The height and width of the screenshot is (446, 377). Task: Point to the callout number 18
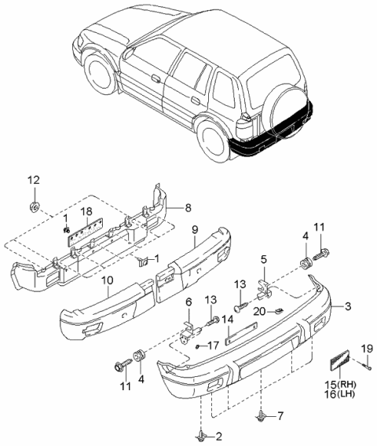(x=88, y=212)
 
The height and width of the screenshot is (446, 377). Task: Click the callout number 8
(x=188, y=207)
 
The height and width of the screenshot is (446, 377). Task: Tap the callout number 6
(x=188, y=302)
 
